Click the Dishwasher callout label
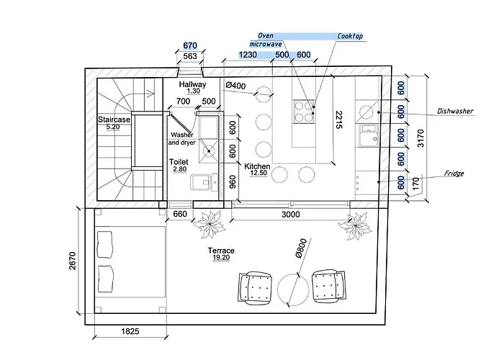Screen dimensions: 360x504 456,112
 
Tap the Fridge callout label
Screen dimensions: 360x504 454,174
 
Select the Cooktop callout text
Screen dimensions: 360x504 350,35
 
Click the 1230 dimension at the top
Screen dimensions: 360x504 248,55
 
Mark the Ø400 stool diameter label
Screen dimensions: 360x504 236,87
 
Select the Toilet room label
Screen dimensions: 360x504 179,165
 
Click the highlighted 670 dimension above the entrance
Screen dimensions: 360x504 190,45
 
